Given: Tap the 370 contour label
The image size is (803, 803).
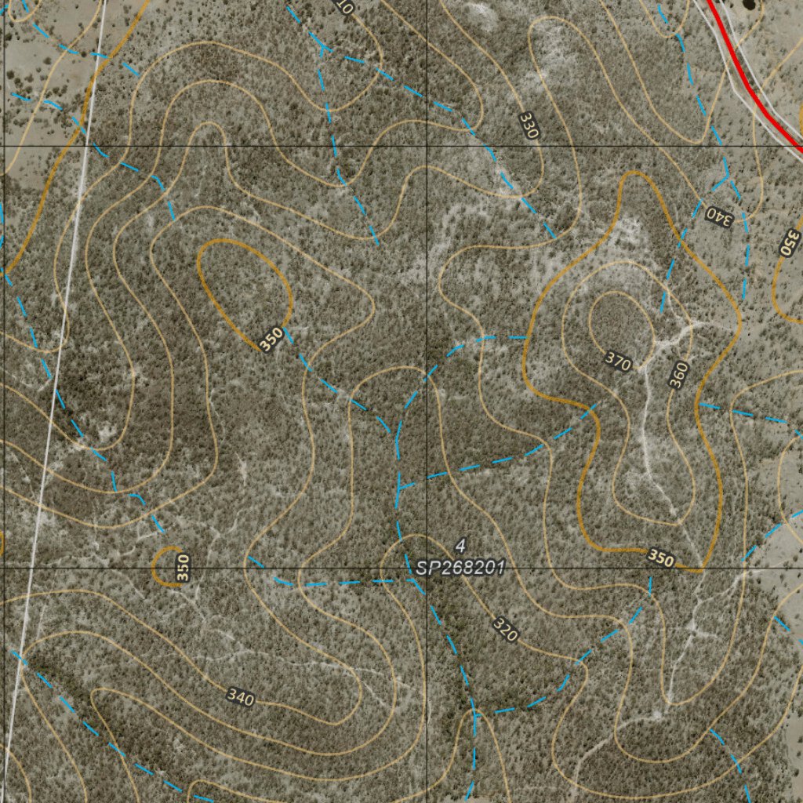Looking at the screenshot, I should click(x=618, y=362).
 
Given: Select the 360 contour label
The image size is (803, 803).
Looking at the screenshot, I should click(x=678, y=375).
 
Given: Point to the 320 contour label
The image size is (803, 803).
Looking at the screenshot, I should click(x=505, y=629).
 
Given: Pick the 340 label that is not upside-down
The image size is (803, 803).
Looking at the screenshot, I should click(x=240, y=697).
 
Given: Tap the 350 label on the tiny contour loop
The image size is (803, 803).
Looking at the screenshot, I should click(x=183, y=568).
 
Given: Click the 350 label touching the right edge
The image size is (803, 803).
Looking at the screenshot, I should click(x=790, y=242).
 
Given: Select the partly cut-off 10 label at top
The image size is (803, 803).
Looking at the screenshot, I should click(x=343, y=7).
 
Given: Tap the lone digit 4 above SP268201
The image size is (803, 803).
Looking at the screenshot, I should click(x=460, y=545).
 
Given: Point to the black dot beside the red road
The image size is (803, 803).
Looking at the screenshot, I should click(x=749, y=4).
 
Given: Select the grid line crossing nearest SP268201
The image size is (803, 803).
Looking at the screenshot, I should click(x=427, y=565).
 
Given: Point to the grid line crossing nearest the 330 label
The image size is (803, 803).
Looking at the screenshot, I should click(x=427, y=147).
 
